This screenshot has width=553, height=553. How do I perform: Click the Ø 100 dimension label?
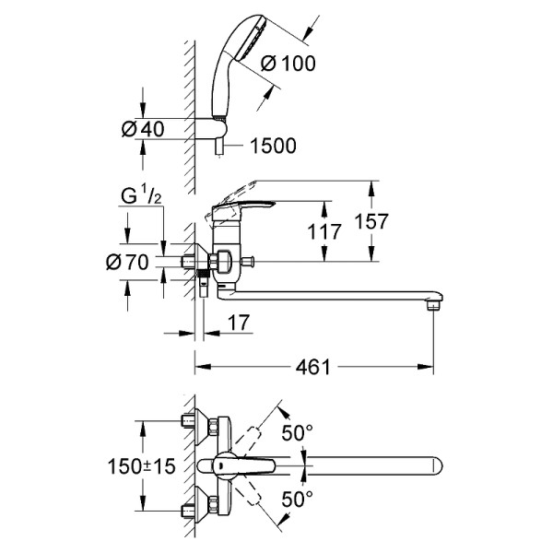click(288, 64)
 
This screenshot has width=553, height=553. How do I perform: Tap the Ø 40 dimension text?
click(143, 129)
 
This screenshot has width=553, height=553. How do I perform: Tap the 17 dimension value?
click(237, 324)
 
